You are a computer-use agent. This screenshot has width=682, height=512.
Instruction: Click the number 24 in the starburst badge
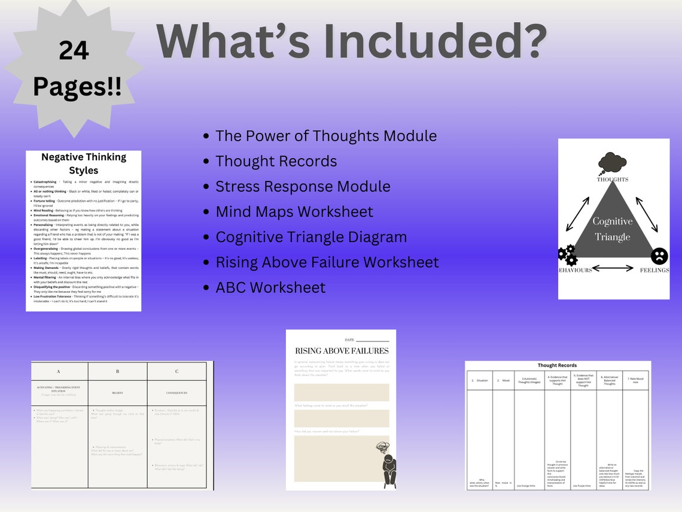pyautogui.click(x=74, y=51)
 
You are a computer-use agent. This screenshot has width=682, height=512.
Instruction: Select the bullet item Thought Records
pyautogui.click(x=276, y=161)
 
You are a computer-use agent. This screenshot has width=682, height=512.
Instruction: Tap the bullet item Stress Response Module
pyautogui.click(x=303, y=186)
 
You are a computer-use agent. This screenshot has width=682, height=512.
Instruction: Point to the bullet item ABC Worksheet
pyautogui.click(x=270, y=287)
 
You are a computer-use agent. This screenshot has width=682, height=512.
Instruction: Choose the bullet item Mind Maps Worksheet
pyautogui.click(x=294, y=211)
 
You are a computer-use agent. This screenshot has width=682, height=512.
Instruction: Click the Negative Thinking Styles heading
pyautogui.click(x=84, y=163)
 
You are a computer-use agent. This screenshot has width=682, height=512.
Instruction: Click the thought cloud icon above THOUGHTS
pyautogui.click(x=612, y=163)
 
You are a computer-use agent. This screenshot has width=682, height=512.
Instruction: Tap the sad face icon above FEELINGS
pyautogui.click(x=659, y=256)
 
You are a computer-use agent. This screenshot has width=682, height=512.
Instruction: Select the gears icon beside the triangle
pyautogui.click(x=567, y=255)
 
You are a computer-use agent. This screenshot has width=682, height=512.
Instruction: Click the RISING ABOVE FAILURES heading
pyautogui.click(x=341, y=351)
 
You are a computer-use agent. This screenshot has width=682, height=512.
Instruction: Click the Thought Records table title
pyautogui.click(x=557, y=365)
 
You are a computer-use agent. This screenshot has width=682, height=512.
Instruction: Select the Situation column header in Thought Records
pyautogui.click(x=480, y=380)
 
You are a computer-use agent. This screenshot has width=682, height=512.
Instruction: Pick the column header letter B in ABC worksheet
pyautogui.click(x=117, y=371)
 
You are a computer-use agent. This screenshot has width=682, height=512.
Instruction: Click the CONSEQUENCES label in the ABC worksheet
pyautogui.click(x=176, y=393)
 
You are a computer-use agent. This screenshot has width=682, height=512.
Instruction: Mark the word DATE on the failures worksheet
pyautogui.click(x=349, y=340)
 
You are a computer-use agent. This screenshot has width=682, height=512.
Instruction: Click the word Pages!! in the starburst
pyautogui.click(x=77, y=87)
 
